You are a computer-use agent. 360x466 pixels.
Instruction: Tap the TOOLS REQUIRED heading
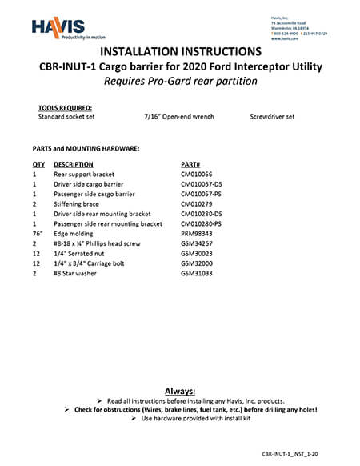point(65,107)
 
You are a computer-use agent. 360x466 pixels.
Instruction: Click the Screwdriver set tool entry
point(272,116)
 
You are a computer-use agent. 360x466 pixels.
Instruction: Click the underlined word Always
point(180,391)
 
